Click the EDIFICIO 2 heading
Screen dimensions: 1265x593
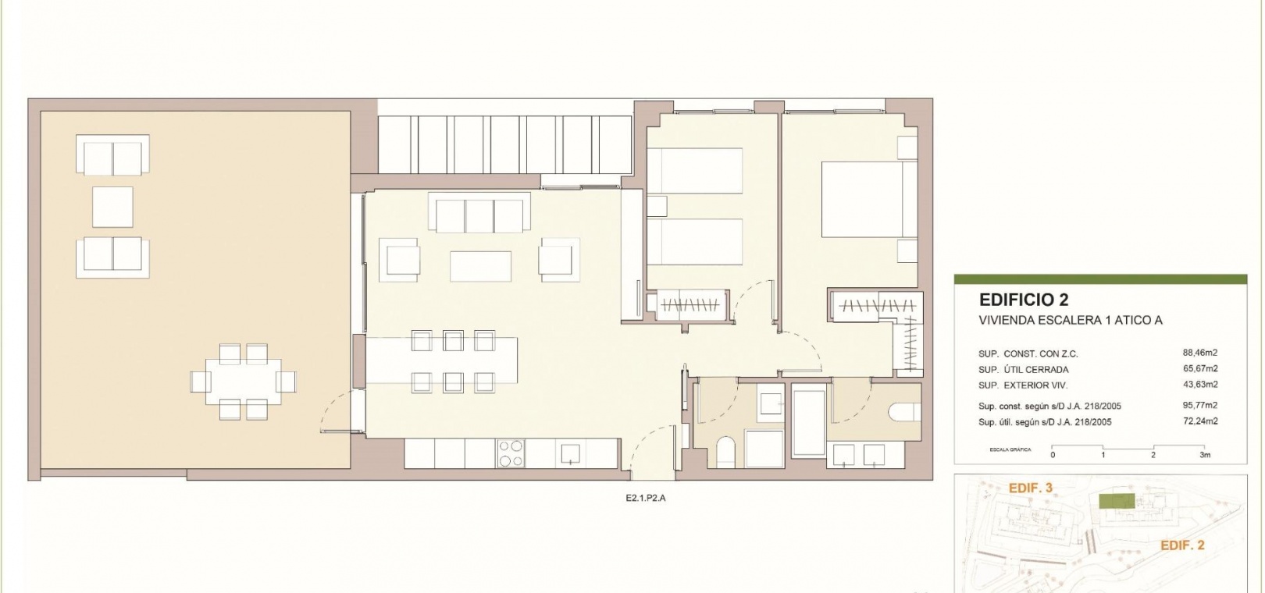(1024, 300)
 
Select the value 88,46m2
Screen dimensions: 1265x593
(1200, 353)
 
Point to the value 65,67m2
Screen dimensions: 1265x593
(1200, 368)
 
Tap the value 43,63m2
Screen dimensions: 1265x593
(1200, 384)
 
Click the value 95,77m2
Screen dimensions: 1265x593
(1200, 405)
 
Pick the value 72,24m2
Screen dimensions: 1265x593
(1200, 421)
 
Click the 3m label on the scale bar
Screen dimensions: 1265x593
(1205, 455)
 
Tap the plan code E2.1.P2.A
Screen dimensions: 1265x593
(646, 499)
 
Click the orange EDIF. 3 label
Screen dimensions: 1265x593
(1031, 488)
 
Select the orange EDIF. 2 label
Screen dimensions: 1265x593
(1182, 545)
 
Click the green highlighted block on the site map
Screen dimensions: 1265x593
(1117, 500)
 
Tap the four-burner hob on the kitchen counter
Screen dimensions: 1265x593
(511, 453)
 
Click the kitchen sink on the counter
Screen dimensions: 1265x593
(570, 453)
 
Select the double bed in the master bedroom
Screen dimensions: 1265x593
(868, 199)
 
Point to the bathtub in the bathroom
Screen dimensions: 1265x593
(809, 421)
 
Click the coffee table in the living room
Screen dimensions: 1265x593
(480, 266)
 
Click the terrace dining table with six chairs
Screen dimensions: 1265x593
(243, 382)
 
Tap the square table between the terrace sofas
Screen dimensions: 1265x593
(112, 207)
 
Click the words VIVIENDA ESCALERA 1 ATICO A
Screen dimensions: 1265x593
(1070, 321)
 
